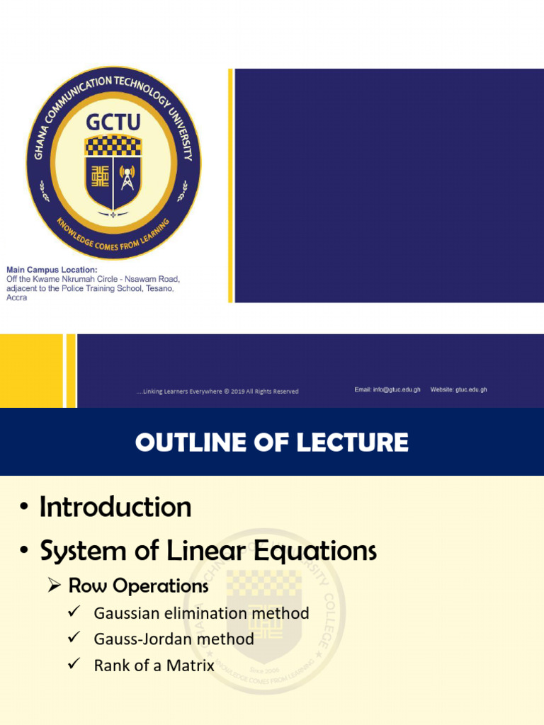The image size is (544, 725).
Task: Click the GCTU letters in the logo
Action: pos(113,122)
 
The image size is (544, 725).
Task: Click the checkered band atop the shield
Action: pos(113,145)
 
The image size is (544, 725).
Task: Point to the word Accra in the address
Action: pos(16,297)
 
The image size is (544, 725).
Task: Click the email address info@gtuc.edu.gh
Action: pos(387,390)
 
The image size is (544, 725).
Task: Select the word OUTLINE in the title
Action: pos(188,443)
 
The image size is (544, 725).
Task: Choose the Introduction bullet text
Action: pos(115,507)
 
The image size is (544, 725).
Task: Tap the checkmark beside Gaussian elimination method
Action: pos(73,612)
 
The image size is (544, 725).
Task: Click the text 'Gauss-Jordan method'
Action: pos(174,639)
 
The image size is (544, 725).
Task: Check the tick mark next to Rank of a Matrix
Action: pos(73,665)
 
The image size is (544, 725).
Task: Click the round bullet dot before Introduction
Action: pos(25,508)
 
